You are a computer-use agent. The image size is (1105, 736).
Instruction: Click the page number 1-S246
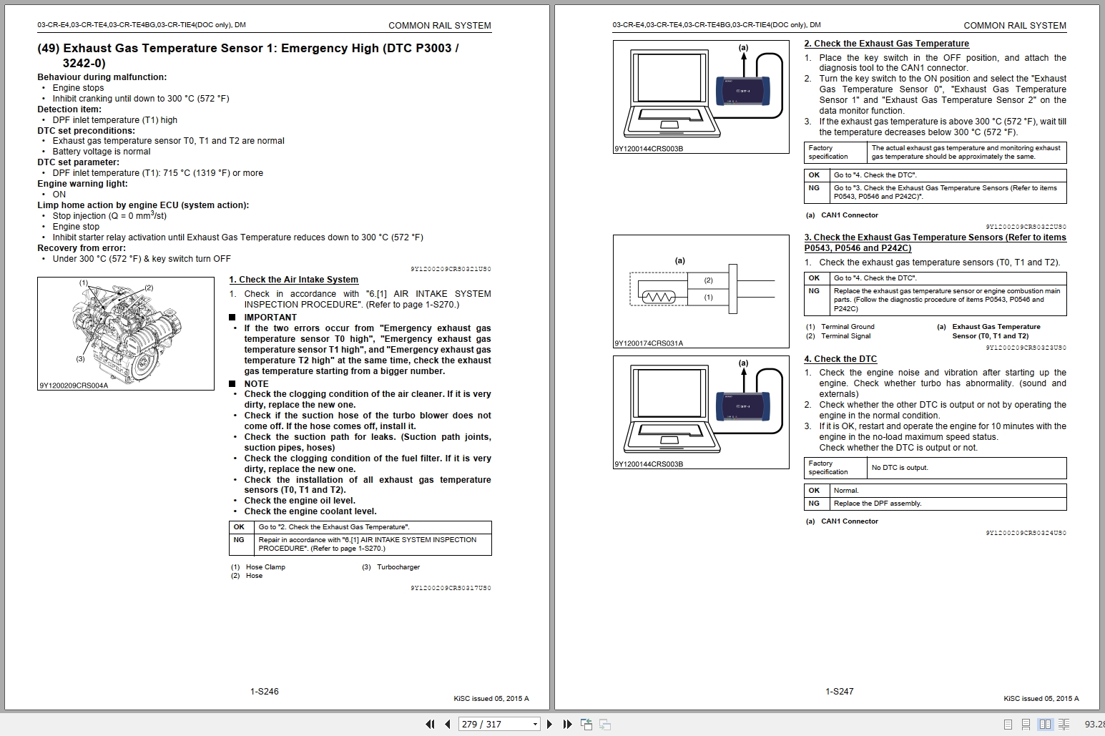coord(265,691)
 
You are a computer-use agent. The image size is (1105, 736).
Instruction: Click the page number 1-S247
coord(839,691)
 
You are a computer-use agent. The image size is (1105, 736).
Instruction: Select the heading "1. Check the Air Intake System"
coord(293,280)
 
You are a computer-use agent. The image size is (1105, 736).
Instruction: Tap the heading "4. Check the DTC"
coord(840,359)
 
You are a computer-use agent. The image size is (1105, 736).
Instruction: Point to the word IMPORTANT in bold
coord(270,317)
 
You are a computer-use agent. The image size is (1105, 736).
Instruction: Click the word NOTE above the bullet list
coord(257,384)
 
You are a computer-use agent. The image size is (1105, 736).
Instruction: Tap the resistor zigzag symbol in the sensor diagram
coord(658,297)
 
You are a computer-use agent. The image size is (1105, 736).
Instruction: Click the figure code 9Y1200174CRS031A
coord(649,343)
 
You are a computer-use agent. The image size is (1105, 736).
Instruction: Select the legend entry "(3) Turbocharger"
coord(391,566)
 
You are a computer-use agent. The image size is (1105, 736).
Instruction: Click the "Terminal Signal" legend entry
coord(838,336)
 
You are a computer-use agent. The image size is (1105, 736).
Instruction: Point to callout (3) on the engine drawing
coord(80,359)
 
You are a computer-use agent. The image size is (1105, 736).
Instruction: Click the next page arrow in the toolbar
coord(549,724)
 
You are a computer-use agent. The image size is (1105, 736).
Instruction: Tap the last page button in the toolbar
coord(568,724)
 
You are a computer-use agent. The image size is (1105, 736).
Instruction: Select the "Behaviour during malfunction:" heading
coord(102,77)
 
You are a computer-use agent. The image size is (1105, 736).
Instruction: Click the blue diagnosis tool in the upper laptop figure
coord(742,91)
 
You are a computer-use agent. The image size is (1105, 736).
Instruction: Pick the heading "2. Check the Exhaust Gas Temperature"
coord(886,44)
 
